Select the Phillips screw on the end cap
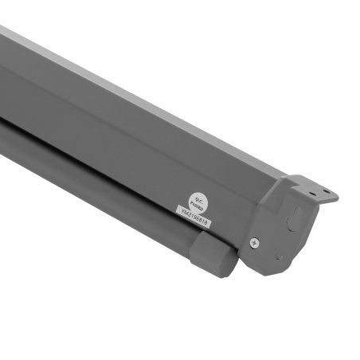point(252,242)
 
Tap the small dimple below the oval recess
point(278,256)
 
